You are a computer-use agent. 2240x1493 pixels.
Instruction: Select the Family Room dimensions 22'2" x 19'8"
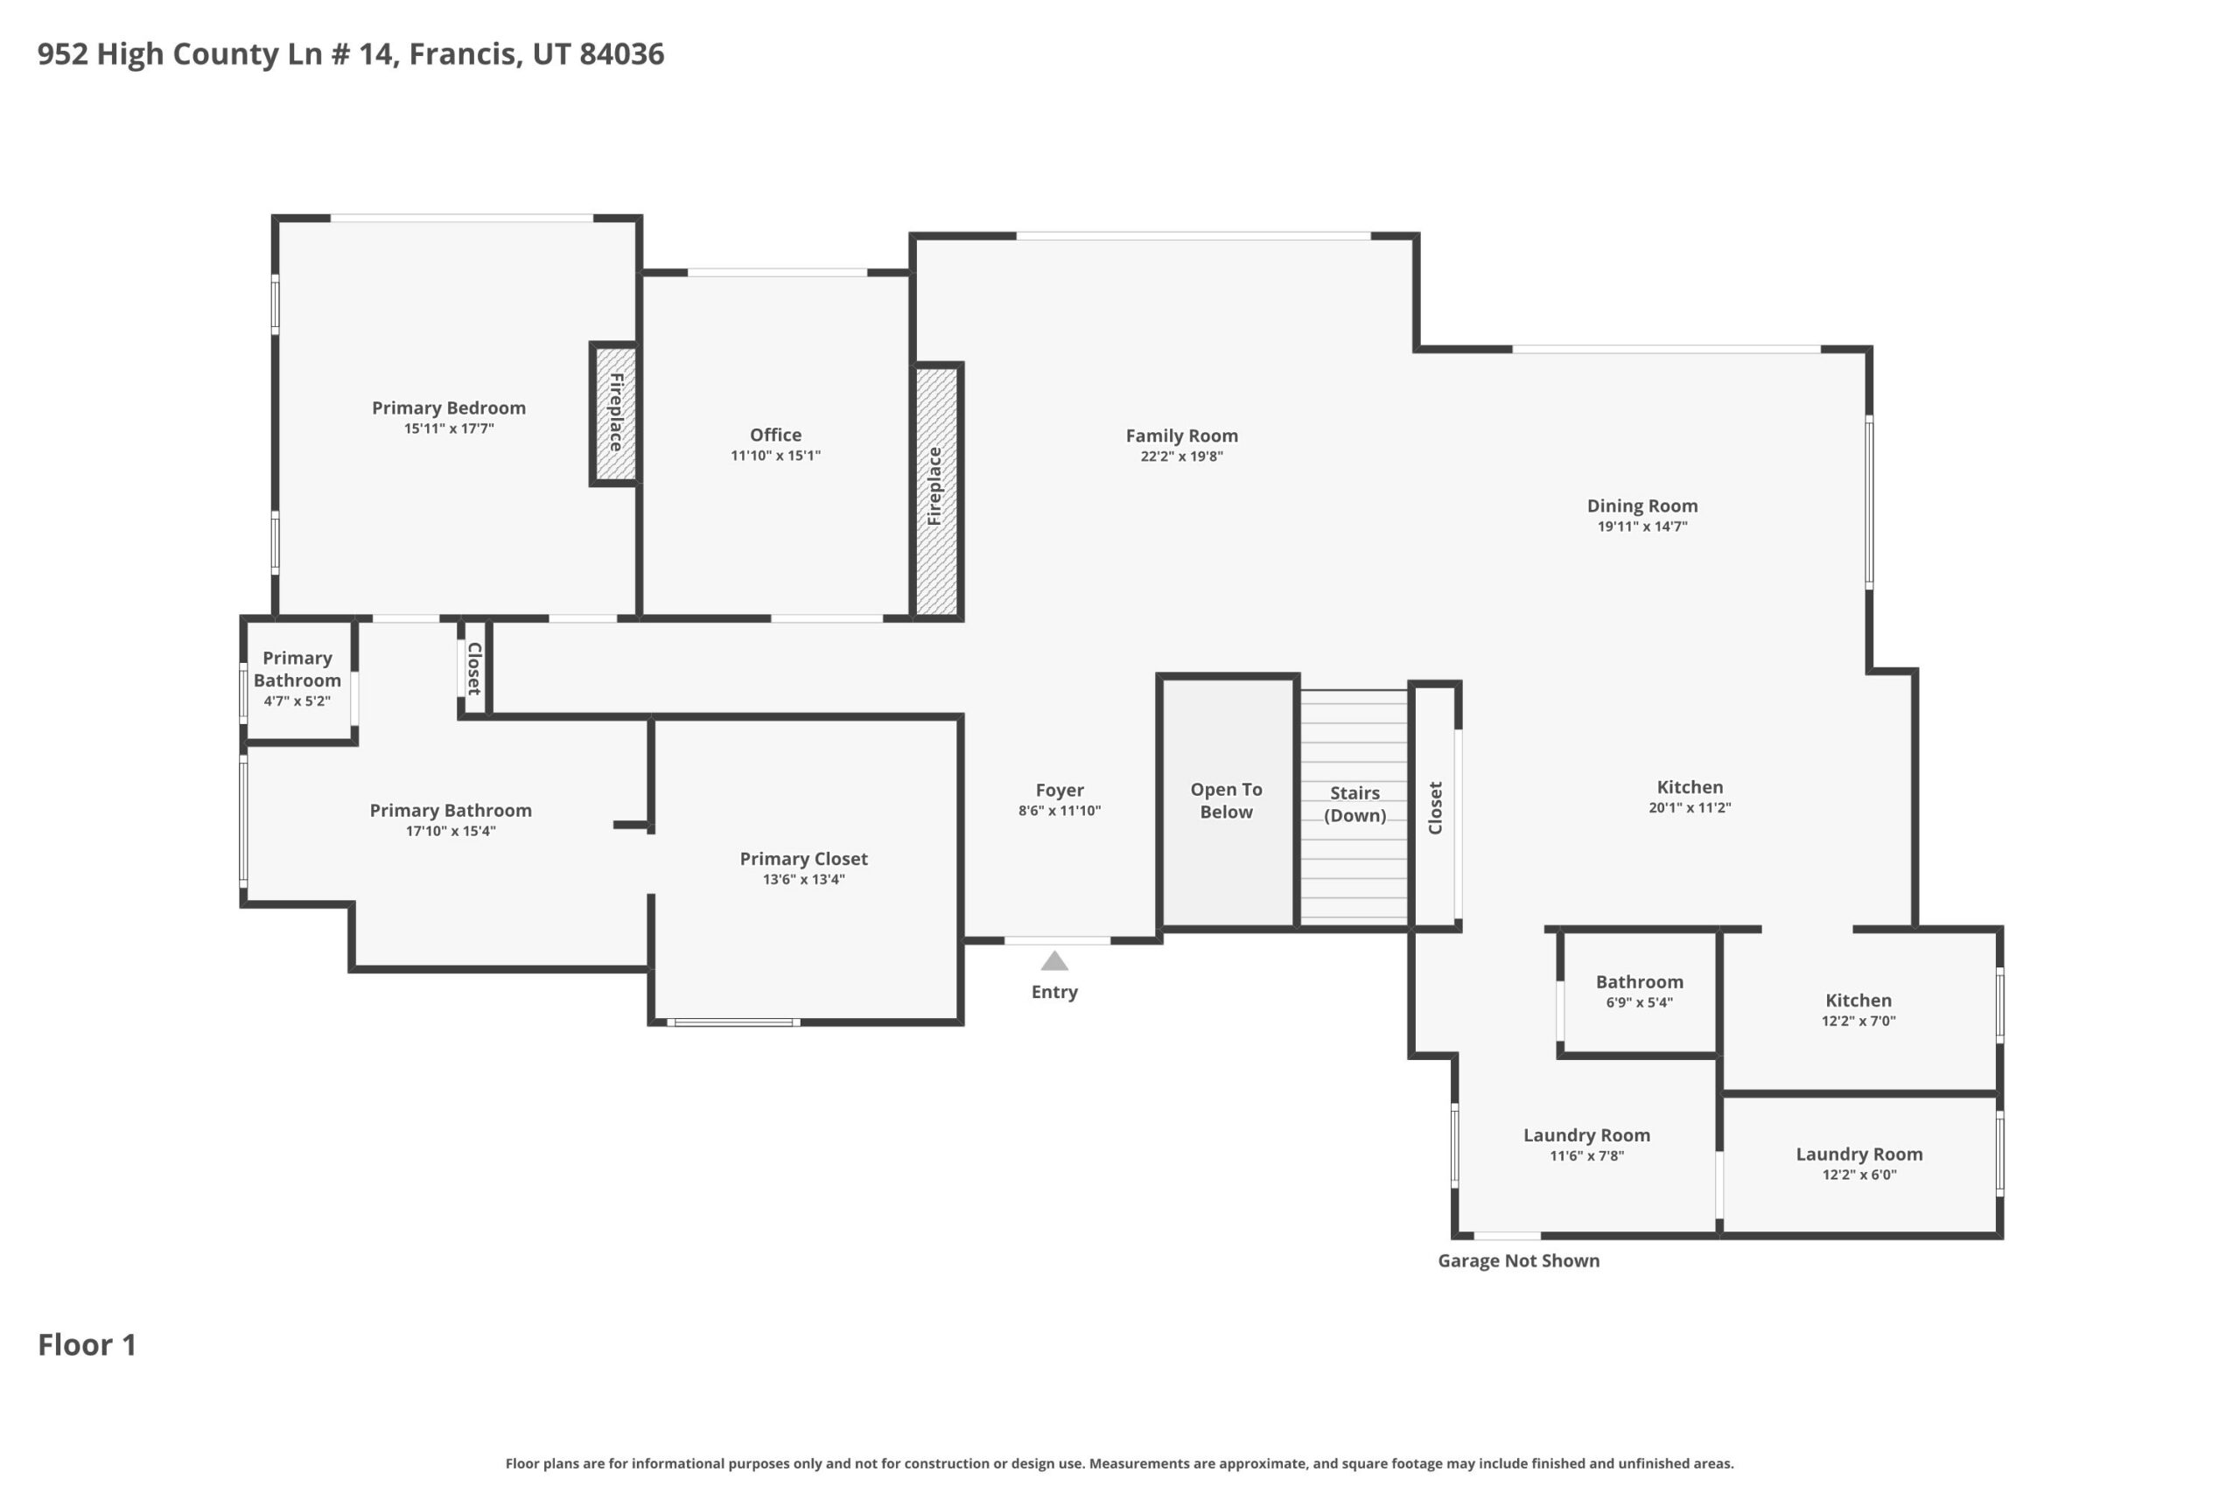[1182, 456]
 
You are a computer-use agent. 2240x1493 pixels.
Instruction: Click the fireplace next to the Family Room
[937, 492]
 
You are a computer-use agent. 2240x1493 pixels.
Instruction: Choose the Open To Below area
[1228, 801]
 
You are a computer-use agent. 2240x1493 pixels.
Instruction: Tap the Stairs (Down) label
[1354, 804]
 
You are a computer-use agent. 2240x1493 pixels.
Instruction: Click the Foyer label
[1060, 791]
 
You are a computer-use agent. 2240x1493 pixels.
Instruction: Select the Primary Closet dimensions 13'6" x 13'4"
[804, 879]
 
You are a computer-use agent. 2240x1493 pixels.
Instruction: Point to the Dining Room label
[1641, 506]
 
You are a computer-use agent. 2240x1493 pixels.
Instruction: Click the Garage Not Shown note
[1518, 1260]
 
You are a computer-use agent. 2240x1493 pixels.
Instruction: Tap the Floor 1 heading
[87, 1344]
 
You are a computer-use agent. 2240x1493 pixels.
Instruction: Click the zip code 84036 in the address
[621, 54]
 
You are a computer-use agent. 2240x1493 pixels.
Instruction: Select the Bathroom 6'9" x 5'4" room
[1639, 992]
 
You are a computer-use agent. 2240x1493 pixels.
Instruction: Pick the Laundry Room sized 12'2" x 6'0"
[1859, 1164]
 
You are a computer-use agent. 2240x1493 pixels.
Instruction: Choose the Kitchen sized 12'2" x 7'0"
[1859, 1010]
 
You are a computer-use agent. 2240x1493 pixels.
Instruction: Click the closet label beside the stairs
[1435, 807]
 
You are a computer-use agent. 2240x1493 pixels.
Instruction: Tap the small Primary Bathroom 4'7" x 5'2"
[298, 679]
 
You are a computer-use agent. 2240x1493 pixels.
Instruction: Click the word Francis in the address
[465, 54]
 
